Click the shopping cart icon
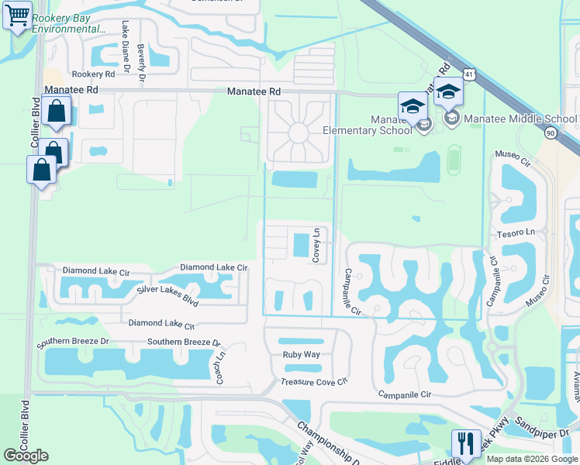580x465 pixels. [x=17, y=15]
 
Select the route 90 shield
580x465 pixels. [x=551, y=134]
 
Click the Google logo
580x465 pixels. [x=26, y=456]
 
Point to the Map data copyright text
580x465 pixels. [x=531, y=459]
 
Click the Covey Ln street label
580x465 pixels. [x=316, y=246]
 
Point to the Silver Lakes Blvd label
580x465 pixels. [x=167, y=289]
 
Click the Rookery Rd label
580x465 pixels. [x=92, y=74]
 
